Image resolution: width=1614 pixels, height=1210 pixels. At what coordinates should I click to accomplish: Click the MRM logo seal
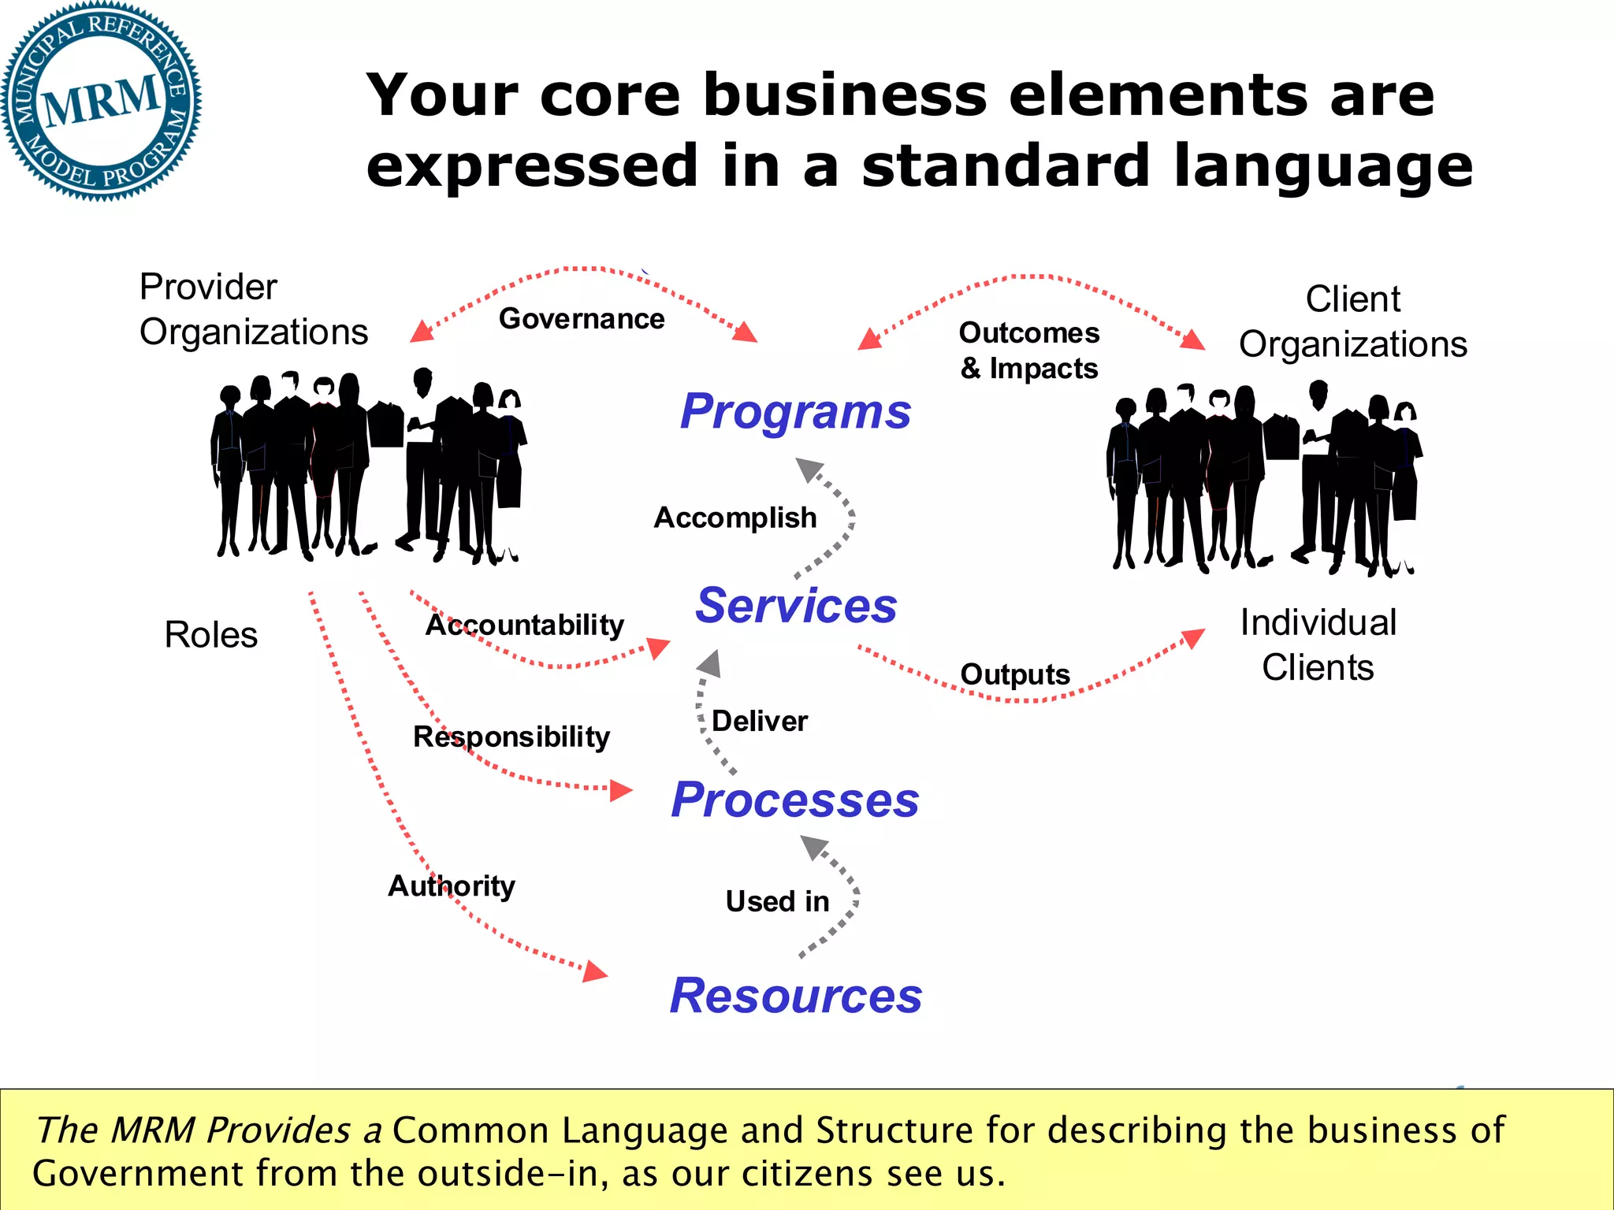point(101,101)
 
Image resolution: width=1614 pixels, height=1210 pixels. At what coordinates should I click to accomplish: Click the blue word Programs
point(795,411)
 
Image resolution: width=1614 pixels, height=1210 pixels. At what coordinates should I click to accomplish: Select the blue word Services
point(796,606)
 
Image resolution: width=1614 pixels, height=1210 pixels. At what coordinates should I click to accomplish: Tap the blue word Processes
point(795,800)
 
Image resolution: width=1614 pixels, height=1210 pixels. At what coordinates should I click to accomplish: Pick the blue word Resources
point(796,996)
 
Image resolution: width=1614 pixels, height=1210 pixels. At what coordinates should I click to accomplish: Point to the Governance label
point(582,319)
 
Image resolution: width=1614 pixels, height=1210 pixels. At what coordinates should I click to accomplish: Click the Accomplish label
point(735,518)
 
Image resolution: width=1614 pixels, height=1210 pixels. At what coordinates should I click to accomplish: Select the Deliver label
point(760,721)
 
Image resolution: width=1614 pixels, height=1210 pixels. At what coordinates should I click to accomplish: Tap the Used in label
point(777,901)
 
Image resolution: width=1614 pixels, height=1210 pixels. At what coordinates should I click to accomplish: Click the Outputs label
point(1015,674)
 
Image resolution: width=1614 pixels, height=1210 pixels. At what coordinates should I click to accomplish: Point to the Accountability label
point(525,625)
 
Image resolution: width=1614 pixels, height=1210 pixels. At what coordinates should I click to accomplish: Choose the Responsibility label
point(511,737)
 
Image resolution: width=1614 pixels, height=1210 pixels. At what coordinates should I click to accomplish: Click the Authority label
point(452,885)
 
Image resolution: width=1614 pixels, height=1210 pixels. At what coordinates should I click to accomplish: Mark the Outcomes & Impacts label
point(1029,351)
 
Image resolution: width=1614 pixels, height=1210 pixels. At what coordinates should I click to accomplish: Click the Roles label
point(211,635)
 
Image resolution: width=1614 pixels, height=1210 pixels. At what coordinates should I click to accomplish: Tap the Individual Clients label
point(1318,644)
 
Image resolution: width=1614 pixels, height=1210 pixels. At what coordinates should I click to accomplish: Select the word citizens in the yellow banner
point(807,1174)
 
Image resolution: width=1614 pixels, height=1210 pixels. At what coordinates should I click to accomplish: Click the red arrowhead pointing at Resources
point(595,972)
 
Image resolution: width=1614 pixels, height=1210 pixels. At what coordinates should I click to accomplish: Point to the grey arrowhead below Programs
point(809,469)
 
